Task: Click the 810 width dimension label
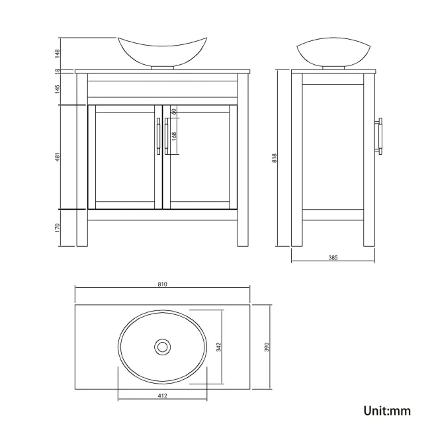click(162, 284)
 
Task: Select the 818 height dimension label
click(274, 157)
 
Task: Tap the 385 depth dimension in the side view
click(333, 258)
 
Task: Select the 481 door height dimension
click(58, 157)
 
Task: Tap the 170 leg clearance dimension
click(58, 228)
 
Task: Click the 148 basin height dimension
click(58, 52)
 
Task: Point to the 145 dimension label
click(58, 87)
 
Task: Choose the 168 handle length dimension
click(173, 136)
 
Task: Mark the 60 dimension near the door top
click(173, 112)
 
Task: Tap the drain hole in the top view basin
click(162, 346)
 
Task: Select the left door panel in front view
click(124, 157)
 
